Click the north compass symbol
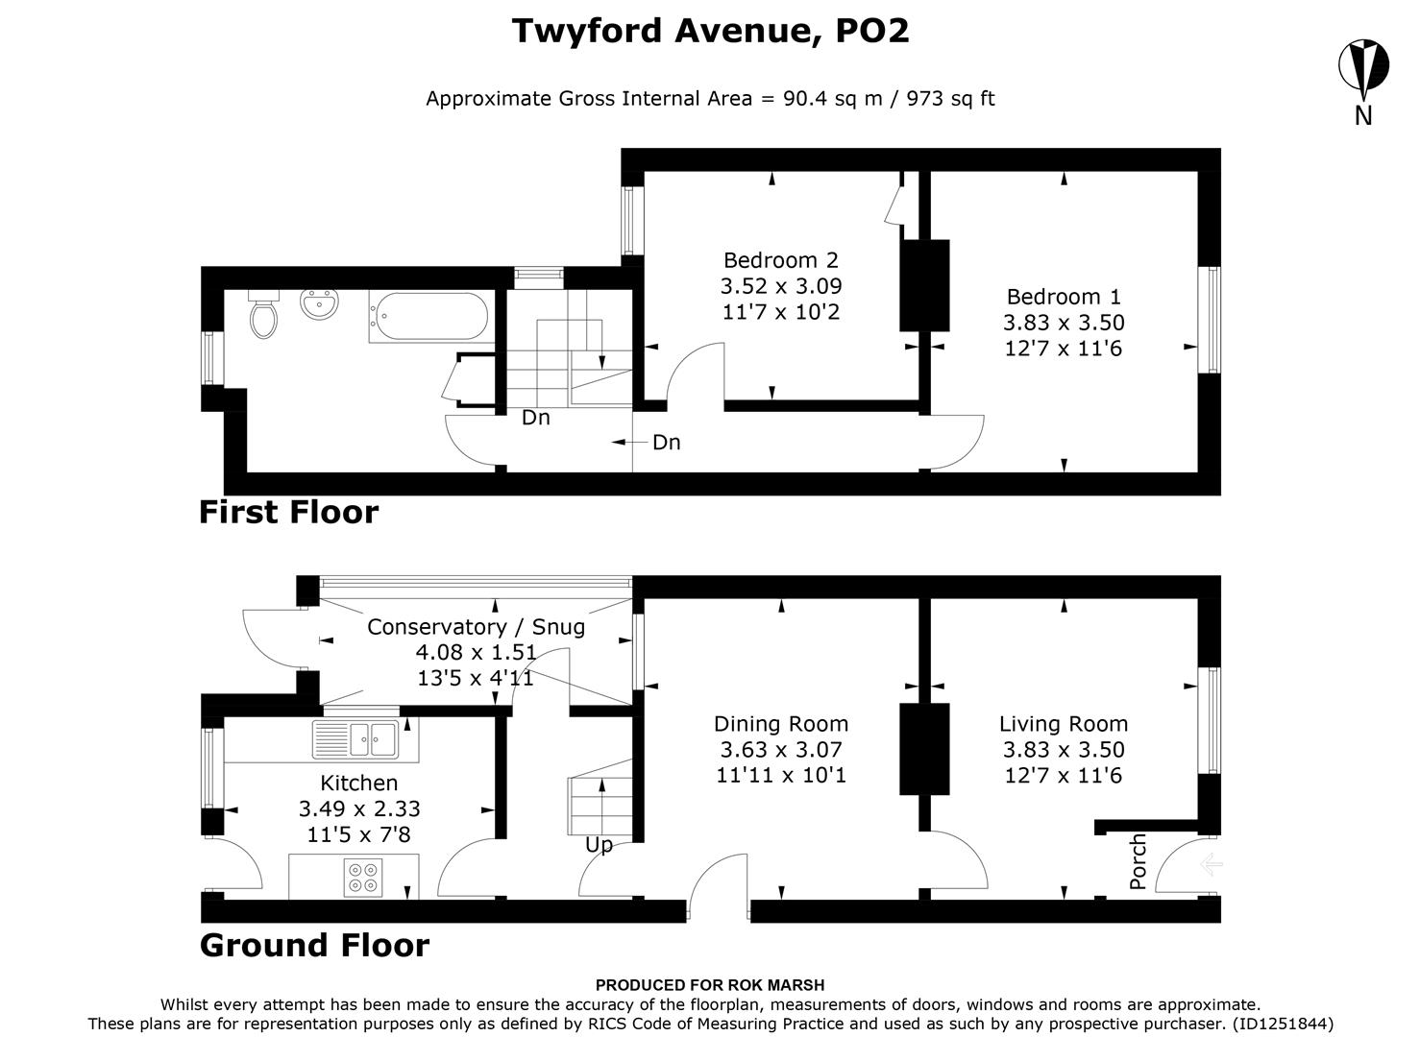(1362, 67)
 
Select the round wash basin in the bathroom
(318, 304)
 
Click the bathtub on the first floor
(429, 316)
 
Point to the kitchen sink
(365, 738)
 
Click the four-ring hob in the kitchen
(362, 877)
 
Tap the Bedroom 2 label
(780, 260)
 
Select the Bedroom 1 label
(1063, 297)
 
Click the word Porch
(1138, 861)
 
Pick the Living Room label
(1063, 724)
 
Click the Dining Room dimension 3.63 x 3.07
(780, 750)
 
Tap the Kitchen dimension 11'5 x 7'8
(358, 834)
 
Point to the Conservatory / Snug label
(476, 627)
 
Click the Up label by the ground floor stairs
(599, 845)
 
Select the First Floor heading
(288, 512)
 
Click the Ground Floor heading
(314, 945)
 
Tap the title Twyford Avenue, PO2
(710, 31)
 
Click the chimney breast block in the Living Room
(924, 749)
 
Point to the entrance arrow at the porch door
(1210, 865)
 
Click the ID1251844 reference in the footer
(1282, 1024)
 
